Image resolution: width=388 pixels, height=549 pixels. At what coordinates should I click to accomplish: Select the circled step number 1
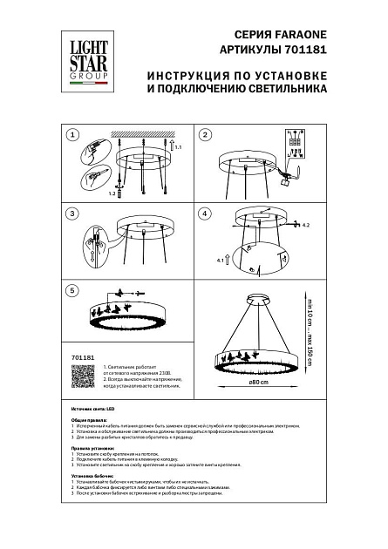(73, 135)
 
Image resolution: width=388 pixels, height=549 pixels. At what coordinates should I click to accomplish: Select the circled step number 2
(206, 135)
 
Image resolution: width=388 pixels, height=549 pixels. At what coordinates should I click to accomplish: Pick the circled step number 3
(73, 213)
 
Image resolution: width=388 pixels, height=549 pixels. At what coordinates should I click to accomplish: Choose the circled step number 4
(206, 213)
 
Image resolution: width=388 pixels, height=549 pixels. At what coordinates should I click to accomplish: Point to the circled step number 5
(73, 289)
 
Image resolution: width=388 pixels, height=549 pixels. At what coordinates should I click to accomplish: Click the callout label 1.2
(112, 196)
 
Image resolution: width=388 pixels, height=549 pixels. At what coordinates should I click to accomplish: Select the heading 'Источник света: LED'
(97, 408)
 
